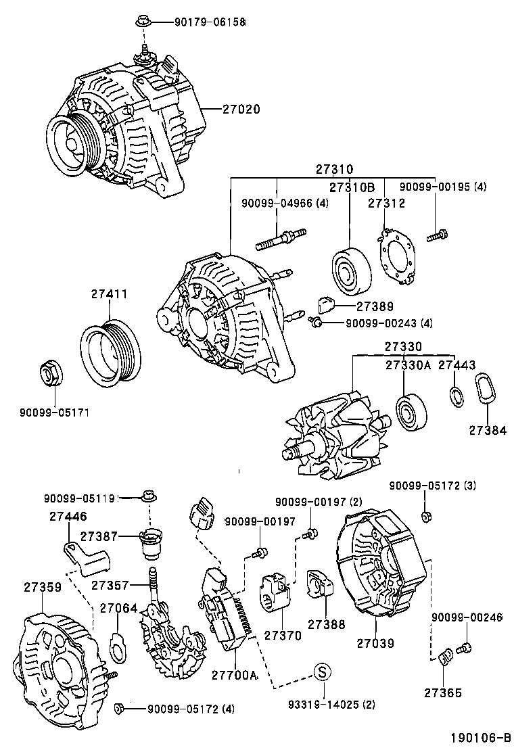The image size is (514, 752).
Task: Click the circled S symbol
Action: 323,672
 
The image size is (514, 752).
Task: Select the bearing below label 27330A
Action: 411,410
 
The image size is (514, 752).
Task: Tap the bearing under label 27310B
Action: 352,272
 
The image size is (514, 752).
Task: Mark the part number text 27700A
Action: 234,675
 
